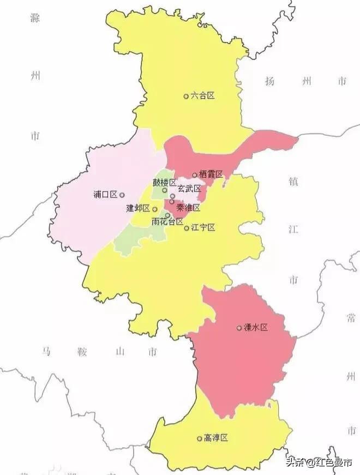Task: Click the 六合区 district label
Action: click(x=203, y=95)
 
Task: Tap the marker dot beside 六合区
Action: click(x=186, y=96)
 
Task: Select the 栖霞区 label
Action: click(x=211, y=175)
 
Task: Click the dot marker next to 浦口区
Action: click(x=122, y=195)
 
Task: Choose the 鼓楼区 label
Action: click(x=164, y=182)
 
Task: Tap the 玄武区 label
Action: click(x=189, y=189)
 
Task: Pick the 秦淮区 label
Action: click(x=189, y=208)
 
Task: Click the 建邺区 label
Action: click(x=138, y=208)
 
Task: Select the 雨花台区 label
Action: click(x=167, y=221)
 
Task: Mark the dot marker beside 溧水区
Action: click(x=239, y=328)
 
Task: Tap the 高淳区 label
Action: click(x=215, y=438)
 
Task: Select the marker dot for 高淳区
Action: click(x=199, y=438)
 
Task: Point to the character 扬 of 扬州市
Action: click(x=269, y=82)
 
